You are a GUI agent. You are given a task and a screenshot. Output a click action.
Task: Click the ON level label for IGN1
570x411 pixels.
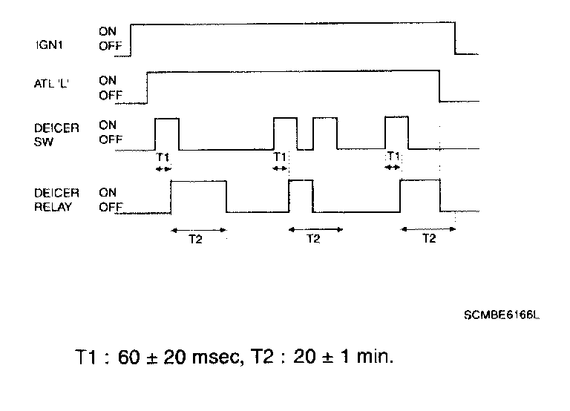(x=108, y=32)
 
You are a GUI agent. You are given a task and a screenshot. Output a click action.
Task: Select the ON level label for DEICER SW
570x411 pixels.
(x=108, y=127)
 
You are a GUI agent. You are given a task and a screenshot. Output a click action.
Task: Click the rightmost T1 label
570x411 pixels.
(x=394, y=157)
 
